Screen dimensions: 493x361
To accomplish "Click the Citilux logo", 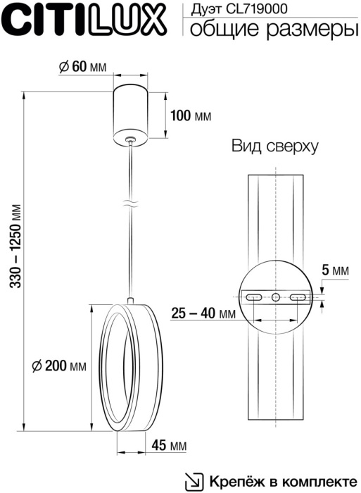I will pyautogui.click(x=86, y=19).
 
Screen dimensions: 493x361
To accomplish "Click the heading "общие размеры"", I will pyautogui.click(x=271, y=29).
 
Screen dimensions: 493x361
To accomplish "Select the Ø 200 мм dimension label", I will pyautogui.click(x=59, y=366).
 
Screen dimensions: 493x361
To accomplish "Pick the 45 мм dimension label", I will pyautogui.click(x=169, y=446).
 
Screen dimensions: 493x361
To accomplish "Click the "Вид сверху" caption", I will pyautogui.click(x=274, y=146).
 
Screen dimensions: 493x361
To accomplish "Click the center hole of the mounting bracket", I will pyautogui.click(x=276, y=297).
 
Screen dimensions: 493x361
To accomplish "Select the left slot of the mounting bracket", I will pyautogui.click(x=253, y=297).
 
